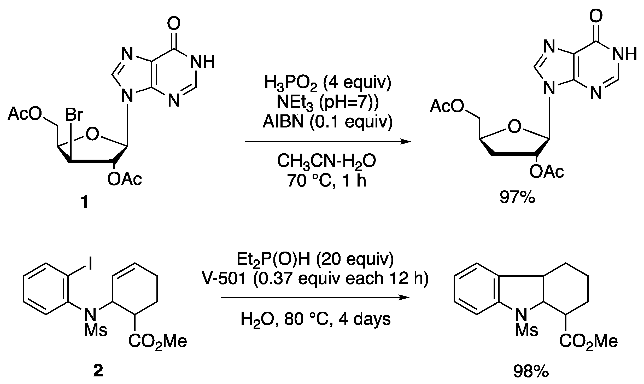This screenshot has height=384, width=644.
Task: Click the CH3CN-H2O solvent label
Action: (326, 161)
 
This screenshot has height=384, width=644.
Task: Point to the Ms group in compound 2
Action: (96, 330)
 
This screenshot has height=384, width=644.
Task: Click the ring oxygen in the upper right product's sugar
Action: (514, 127)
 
